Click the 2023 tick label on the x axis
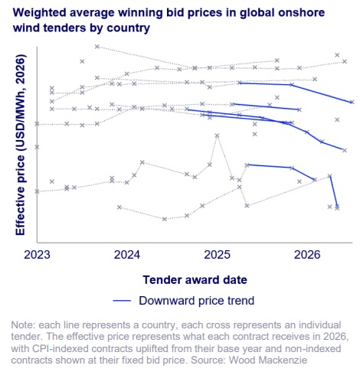[x=37, y=255]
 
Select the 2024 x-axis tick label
[x=127, y=255]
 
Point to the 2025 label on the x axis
[x=217, y=255]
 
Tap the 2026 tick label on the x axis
[x=307, y=255]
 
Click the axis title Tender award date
[x=195, y=280]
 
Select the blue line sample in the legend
[x=122, y=301]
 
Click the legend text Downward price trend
[x=196, y=301]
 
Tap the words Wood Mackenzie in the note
[x=268, y=361]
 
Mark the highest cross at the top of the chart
[x=97, y=47]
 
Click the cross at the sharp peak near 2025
[x=217, y=135]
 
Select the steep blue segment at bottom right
[x=334, y=191]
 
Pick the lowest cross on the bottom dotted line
[x=165, y=219]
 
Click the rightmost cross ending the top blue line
[x=352, y=102]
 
